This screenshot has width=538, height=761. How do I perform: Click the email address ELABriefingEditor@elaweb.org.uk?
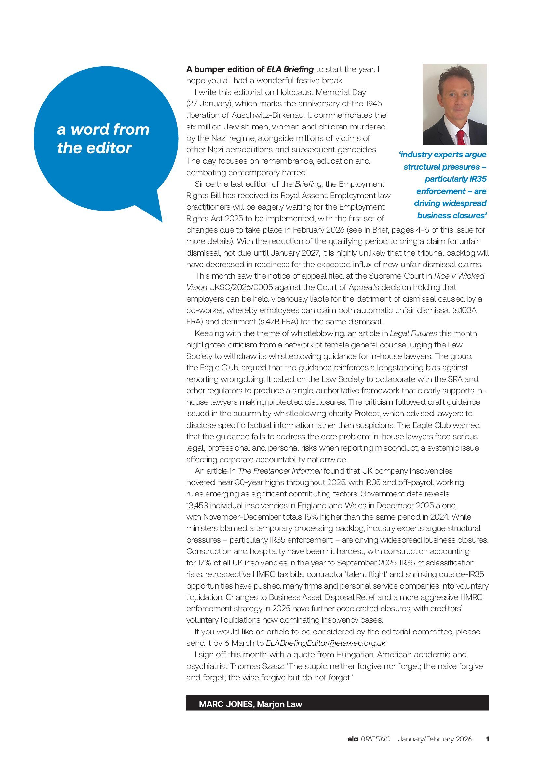(x=326, y=643)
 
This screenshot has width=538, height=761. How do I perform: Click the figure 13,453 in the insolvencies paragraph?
(x=197, y=506)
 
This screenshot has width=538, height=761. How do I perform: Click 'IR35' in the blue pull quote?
(x=478, y=179)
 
